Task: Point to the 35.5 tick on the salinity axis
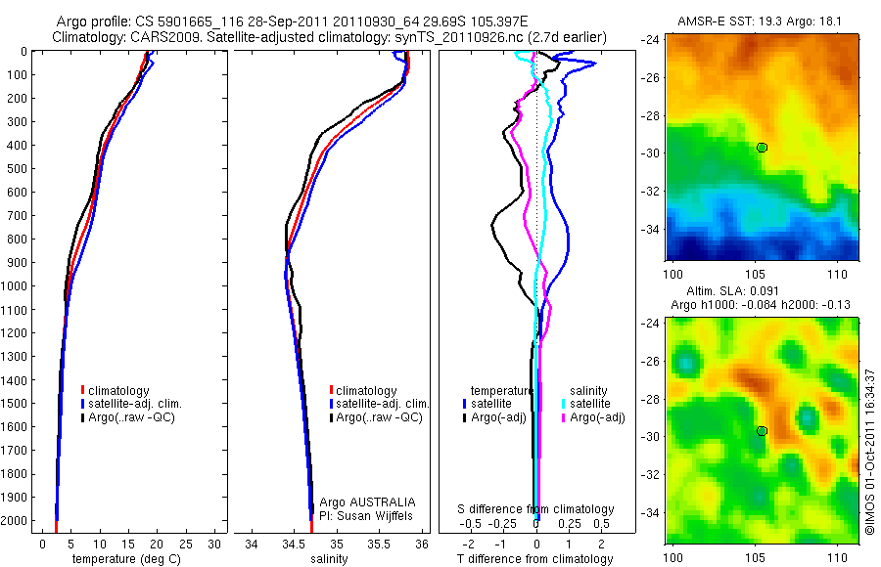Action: pyautogui.click(x=379, y=543)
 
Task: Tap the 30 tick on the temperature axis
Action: pyautogui.click(x=213, y=543)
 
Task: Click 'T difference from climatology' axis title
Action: pyautogui.click(x=536, y=559)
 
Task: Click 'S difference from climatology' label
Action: pyautogui.click(x=536, y=509)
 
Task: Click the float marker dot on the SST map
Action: pyautogui.click(x=762, y=148)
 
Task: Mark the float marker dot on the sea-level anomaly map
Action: pyautogui.click(x=762, y=431)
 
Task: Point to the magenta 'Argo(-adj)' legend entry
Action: pyautogui.click(x=590, y=417)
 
